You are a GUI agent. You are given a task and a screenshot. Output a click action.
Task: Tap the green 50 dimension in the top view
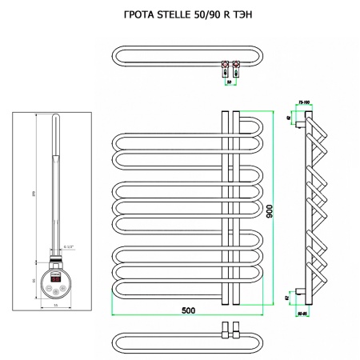pyautogui.click(x=230, y=82)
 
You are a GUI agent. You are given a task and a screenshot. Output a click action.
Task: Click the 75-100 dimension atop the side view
pyautogui.click(x=304, y=102)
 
